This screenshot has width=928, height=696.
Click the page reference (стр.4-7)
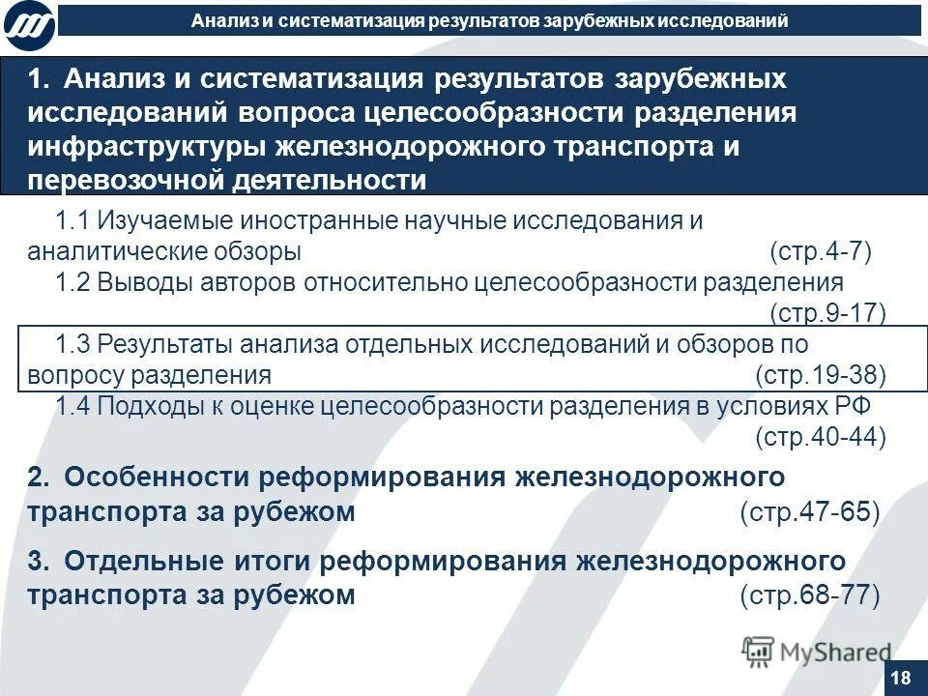(821, 252)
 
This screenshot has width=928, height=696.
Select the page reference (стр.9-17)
(826, 313)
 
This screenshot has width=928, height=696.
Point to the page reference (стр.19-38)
(820, 375)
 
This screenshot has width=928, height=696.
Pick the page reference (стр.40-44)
(820, 437)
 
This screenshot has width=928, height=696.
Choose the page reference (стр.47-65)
(810, 512)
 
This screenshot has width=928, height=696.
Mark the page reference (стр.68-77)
(810, 595)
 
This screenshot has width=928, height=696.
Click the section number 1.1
(72, 221)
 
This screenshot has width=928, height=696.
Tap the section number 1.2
(72, 283)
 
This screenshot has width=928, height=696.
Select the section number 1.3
(72, 344)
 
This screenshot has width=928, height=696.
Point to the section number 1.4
(72, 406)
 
